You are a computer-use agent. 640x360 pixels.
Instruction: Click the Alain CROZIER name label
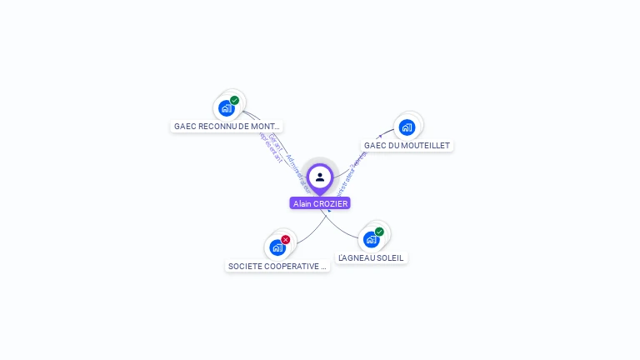pos(320,203)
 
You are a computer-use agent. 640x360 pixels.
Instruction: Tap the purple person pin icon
pos(320,177)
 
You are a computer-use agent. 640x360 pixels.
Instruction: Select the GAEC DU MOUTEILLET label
pos(407,146)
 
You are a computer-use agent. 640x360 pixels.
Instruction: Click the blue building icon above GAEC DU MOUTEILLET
pos(407,127)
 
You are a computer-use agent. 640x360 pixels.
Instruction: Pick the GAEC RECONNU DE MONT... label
pos(227,127)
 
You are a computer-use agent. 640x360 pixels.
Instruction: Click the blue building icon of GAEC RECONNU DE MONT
pos(226,108)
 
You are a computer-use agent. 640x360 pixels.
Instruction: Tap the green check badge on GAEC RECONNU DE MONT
pos(235,100)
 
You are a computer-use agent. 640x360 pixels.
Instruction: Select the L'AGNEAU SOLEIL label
pos(371,258)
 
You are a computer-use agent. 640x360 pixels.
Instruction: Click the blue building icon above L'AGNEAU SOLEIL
pos(371,240)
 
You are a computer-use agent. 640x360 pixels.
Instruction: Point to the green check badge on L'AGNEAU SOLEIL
pos(379,232)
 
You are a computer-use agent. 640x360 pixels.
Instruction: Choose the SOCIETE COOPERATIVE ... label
pos(277,267)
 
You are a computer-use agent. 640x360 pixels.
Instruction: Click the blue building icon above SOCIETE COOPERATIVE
pos(277,247)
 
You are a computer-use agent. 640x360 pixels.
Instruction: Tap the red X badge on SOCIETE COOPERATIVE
pos(286,240)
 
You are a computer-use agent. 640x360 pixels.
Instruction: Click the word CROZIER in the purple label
pos(331,203)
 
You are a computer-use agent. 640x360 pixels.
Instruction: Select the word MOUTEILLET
pos(426,146)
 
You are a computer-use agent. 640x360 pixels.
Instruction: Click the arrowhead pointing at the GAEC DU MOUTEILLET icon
pos(380,136)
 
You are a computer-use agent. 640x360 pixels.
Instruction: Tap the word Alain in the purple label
pos(302,203)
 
